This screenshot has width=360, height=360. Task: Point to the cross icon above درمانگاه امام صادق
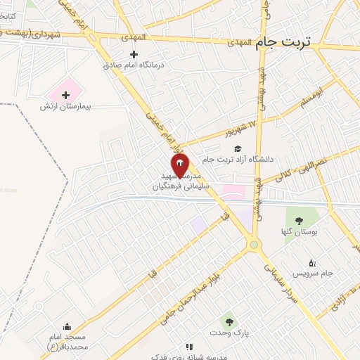[134, 54]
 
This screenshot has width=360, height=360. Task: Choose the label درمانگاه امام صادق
[133, 65]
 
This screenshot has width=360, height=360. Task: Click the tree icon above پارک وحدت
[226, 321]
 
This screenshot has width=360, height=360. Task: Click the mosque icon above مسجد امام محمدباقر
[67, 326]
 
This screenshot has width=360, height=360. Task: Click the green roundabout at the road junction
[254, 245]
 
